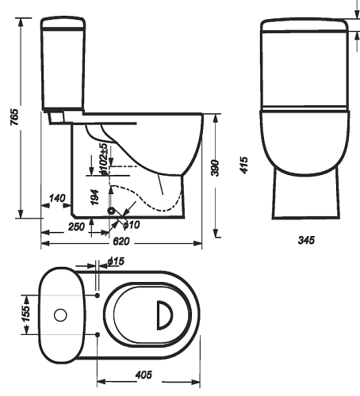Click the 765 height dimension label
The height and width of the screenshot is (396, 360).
point(15,117)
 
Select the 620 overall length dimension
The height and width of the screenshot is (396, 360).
point(121,242)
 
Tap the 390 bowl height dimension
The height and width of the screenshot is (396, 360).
point(216,168)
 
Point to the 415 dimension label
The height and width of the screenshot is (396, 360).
point(244,166)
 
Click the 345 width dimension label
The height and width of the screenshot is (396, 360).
point(306,240)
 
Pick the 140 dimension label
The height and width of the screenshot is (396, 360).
point(57,198)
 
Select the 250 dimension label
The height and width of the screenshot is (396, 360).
point(76,227)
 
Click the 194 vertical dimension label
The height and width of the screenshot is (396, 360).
point(94,197)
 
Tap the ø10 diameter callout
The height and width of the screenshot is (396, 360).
point(132,225)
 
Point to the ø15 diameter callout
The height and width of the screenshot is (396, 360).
point(116,261)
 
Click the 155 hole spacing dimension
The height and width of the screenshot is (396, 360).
point(26,314)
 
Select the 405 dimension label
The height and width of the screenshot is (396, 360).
point(144,375)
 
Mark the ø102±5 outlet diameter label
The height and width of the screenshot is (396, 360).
point(104,159)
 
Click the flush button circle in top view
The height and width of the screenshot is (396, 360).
point(60,315)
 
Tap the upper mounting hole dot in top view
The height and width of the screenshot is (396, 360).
point(98,295)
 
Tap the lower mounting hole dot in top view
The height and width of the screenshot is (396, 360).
point(98,335)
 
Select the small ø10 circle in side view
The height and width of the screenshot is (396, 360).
point(112,211)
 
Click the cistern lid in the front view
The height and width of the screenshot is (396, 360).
point(304,25)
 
